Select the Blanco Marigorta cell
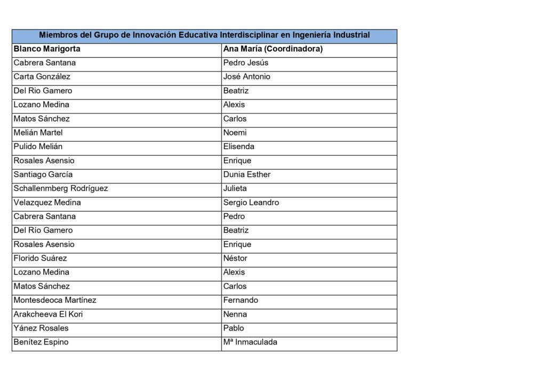pyautogui.click(x=47, y=49)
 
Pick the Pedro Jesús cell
pyautogui.click(x=246, y=63)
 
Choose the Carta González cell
pyautogui.click(x=45, y=77)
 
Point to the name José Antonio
pyautogui.click(x=247, y=77)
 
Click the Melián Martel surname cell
pyautogui.click(x=38, y=133)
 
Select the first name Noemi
pyautogui.click(x=235, y=133)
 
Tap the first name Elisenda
pyautogui.click(x=239, y=147)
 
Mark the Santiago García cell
pyautogui.click(x=43, y=174)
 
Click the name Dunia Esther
pyautogui.click(x=247, y=174)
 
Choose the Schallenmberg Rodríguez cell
pyautogui.click(x=61, y=188)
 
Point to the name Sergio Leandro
pyautogui.click(x=251, y=203)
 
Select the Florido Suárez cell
pyautogui.click(x=41, y=258)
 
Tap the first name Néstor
pyautogui.click(x=235, y=258)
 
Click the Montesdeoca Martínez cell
pyautogui.click(x=55, y=300)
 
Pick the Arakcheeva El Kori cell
pyautogui.click(x=48, y=314)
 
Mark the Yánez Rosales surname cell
pyautogui.click(x=41, y=328)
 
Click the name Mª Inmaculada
pyautogui.click(x=250, y=342)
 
